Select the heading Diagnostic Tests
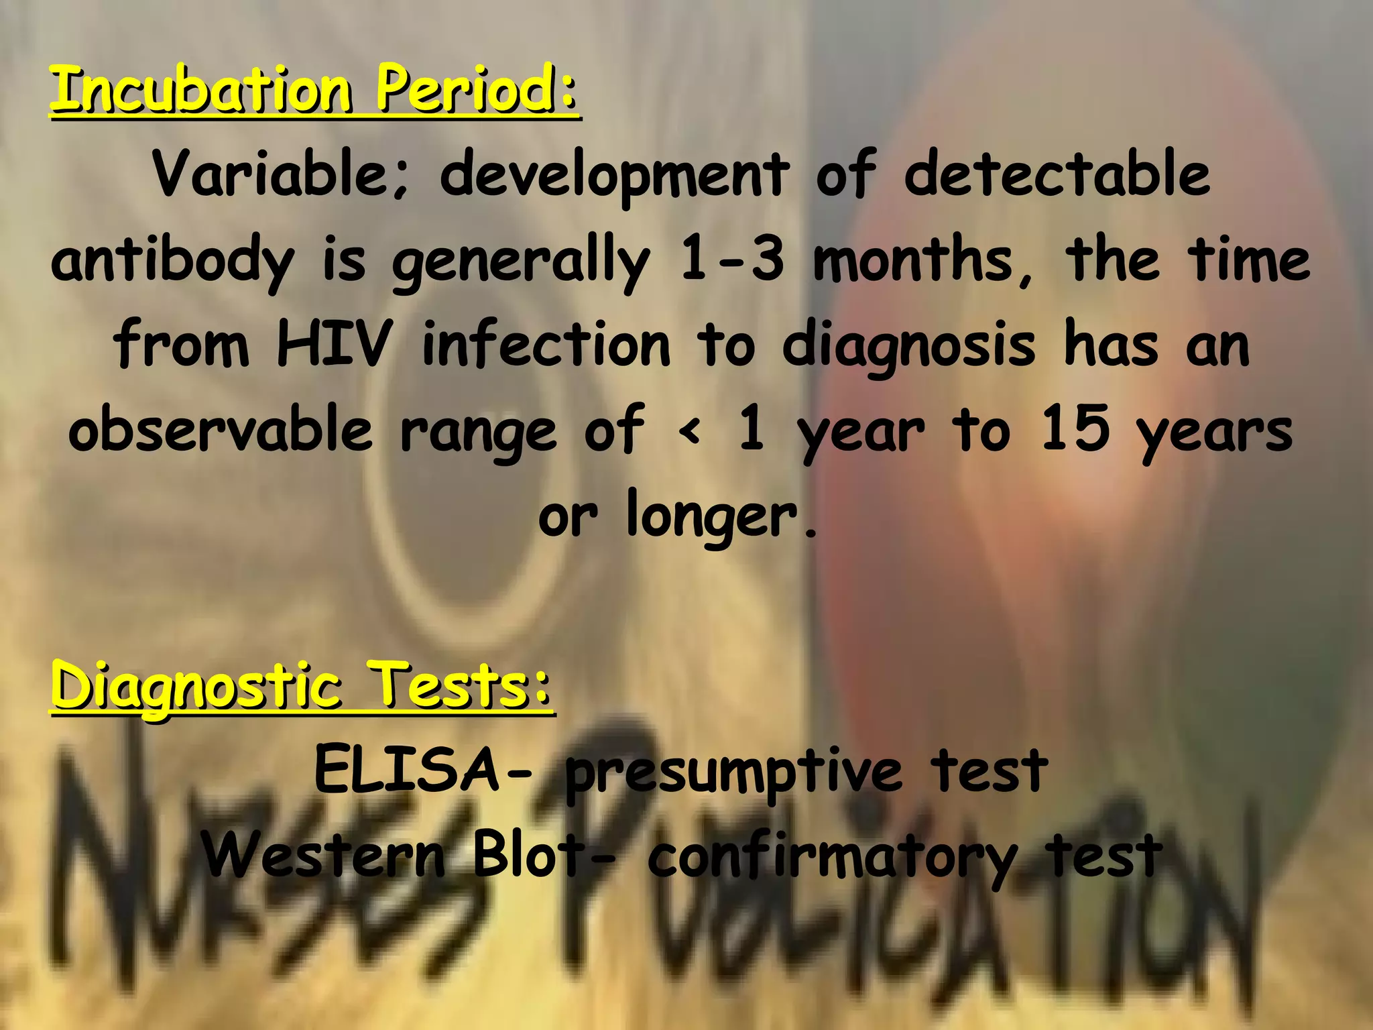coord(302,685)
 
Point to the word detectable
coord(1057,174)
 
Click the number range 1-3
coord(731,260)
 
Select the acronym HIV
coord(334,345)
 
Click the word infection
coord(546,345)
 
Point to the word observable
coord(221,430)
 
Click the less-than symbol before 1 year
coord(690,431)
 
